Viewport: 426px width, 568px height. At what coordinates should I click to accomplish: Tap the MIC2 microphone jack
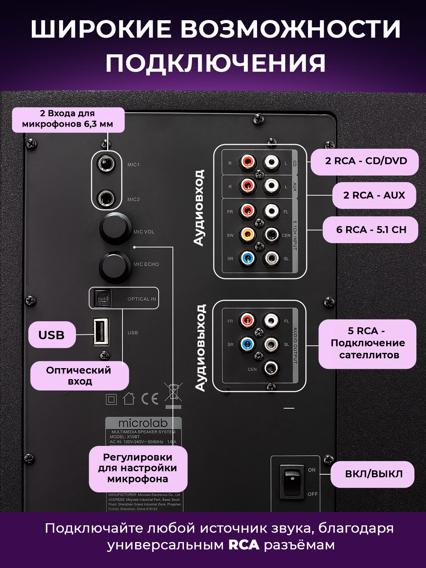point(106,199)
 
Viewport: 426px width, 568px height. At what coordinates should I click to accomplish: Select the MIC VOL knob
point(114,228)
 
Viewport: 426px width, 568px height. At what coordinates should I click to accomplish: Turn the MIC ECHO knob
point(114,267)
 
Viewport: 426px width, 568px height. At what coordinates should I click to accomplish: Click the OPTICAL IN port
point(102,298)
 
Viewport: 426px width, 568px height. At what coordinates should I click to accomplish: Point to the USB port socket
point(101,332)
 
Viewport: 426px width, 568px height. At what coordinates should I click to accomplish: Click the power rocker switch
point(292,482)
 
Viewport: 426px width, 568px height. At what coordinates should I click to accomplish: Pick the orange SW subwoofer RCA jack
point(247,235)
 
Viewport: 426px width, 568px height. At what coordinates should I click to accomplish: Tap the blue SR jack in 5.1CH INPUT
point(247,258)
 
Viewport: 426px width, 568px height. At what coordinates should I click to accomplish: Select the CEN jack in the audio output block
point(271,369)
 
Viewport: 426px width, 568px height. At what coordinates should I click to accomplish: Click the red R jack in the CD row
point(247,162)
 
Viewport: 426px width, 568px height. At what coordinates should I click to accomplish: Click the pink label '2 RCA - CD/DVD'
point(366,161)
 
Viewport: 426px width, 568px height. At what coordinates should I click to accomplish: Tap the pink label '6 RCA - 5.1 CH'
point(371,230)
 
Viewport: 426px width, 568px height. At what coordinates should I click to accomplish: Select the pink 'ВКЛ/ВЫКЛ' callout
point(373,474)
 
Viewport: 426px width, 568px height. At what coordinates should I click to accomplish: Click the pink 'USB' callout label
point(52,335)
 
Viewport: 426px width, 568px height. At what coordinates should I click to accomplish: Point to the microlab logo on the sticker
point(143,423)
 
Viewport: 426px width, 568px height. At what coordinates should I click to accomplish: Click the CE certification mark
point(149,399)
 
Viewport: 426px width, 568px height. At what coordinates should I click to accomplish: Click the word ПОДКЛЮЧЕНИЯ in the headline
point(215,63)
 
